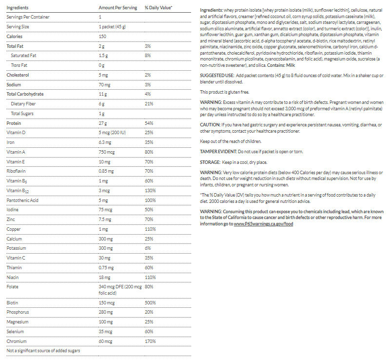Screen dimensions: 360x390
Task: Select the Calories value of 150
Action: (x=102, y=37)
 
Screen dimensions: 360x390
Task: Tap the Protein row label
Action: (x=14, y=123)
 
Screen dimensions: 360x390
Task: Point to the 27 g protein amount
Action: (x=102, y=123)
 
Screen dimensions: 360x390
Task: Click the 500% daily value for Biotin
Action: (x=150, y=302)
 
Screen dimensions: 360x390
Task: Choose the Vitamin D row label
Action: (x=16, y=133)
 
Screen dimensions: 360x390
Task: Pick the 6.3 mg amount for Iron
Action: (x=106, y=142)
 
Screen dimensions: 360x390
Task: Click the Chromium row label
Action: (x=17, y=341)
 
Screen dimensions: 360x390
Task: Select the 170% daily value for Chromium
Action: (x=150, y=341)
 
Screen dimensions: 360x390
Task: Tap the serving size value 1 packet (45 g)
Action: (x=112, y=27)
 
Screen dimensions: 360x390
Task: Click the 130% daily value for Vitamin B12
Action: (x=150, y=191)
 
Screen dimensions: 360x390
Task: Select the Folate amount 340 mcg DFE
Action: (x=120, y=287)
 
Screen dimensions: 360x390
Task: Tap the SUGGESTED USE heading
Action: (x=216, y=75)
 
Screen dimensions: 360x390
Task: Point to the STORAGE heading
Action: (x=210, y=162)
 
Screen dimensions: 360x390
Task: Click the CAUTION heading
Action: (x=211, y=124)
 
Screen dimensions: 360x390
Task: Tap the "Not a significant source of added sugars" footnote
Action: (x=43, y=351)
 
